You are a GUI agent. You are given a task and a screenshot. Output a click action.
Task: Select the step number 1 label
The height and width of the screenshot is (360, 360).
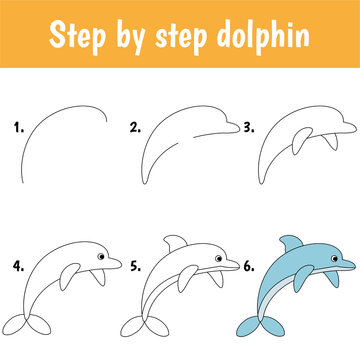tap(17, 128)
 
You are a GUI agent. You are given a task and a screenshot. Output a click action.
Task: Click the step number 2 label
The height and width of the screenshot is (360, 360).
tap(134, 128)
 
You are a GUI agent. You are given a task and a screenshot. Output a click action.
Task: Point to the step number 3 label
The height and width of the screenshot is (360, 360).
tap(251, 128)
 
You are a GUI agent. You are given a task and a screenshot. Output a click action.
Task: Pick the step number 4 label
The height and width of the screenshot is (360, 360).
tap(17, 267)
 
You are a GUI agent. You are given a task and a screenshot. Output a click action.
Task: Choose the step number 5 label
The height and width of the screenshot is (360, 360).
tap(134, 267)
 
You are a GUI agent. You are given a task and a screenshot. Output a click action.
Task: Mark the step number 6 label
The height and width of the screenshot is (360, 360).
tap(251, 267)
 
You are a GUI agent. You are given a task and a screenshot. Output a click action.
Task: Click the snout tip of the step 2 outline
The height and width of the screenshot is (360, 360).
tap(239, 128)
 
